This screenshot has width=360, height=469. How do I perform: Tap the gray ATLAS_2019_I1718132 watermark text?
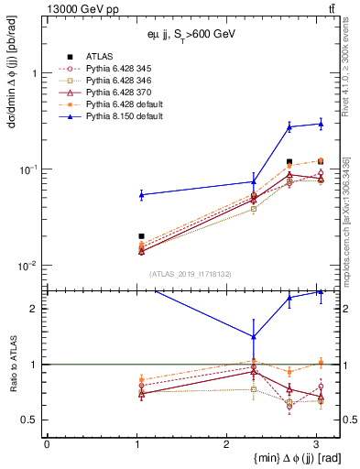click(x=182, y=274)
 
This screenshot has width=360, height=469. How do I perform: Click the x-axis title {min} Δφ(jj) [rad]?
click(x=272, y=458)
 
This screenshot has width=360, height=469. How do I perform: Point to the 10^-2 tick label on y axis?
click(x=29, y=266)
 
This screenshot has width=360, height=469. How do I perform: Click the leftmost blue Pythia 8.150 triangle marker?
click(x=141, y=194)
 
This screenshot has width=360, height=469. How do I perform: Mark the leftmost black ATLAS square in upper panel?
click(x=141, y=236)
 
